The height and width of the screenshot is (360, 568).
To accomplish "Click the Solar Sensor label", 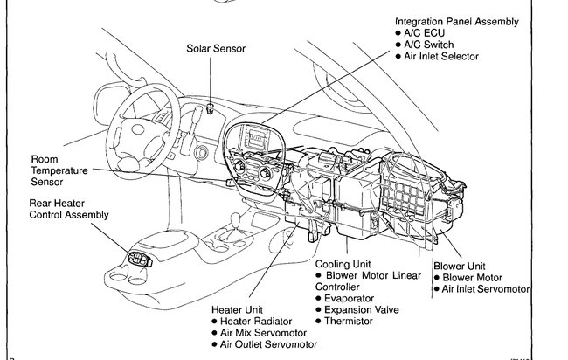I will coord(216,48).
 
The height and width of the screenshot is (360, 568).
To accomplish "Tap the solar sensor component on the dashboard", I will coord(212,108).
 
